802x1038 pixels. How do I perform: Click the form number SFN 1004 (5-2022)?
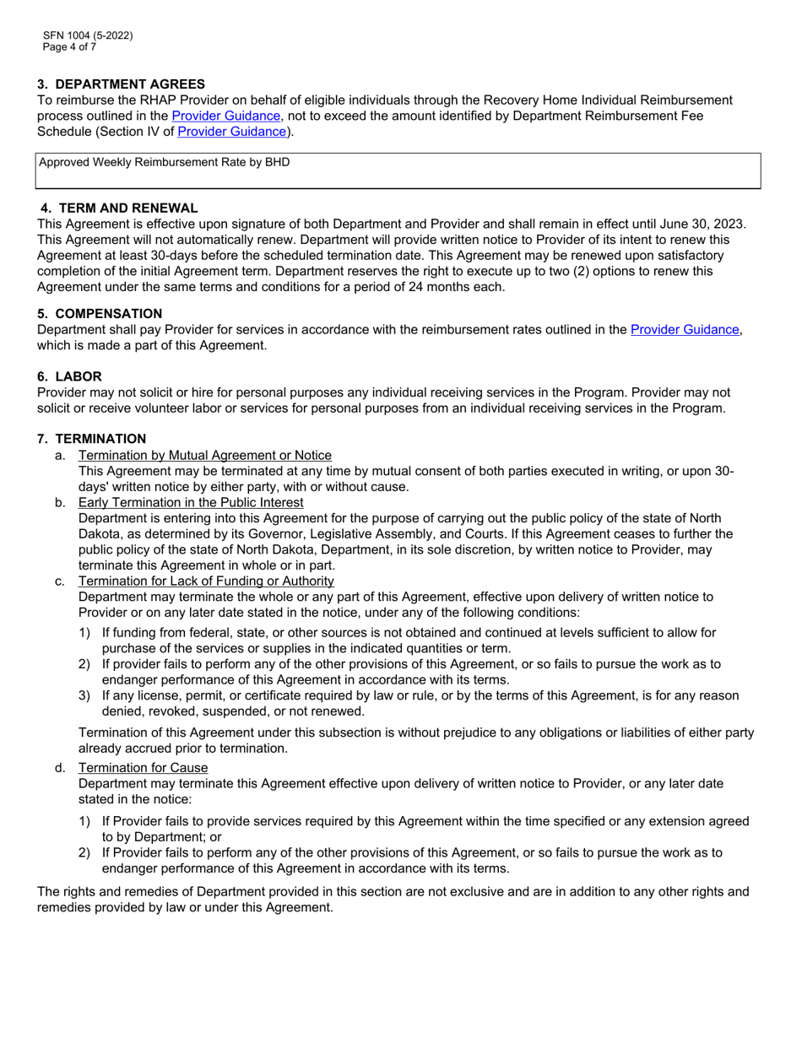point(88,35)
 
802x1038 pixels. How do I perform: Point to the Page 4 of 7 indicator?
point(69,47)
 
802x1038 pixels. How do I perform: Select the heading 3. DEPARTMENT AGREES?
point(121,84)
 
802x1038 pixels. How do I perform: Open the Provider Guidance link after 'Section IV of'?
point(231,132)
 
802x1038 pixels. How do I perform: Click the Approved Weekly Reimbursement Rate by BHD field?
point(398,171)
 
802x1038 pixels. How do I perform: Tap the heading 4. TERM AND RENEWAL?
point(119,208)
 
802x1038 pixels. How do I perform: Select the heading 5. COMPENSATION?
point(100,313)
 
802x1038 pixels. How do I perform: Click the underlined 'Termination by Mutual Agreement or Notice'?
point(204,455)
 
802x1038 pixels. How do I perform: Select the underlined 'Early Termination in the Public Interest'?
point(191,502)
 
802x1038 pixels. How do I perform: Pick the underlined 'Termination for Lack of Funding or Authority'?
point(206,581)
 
